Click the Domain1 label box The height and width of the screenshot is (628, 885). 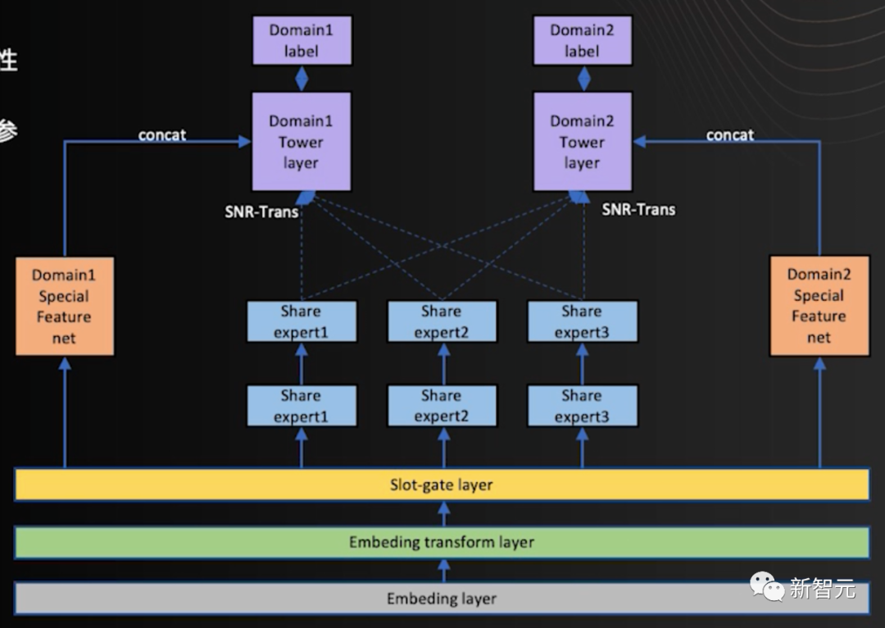click(301, 40)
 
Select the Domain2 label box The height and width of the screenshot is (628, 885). click(582, 40)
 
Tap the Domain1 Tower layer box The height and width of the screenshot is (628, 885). click(301, 142)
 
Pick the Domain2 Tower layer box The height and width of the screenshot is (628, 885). click(582, 142)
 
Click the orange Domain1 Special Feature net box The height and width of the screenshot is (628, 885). click(65, 307)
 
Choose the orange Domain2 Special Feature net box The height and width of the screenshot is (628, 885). click(819, 306)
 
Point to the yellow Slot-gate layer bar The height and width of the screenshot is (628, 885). click(442, 485)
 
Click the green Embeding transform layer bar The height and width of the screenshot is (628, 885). click(442, 542)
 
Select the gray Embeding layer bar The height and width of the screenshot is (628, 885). click(442, 598)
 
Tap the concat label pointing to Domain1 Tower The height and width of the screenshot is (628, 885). click(162, 135)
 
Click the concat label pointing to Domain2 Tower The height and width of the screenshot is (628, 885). click(729, 135)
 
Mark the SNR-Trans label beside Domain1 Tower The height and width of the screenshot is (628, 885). click(261, 212)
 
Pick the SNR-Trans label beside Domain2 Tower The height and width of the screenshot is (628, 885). click(638, 209)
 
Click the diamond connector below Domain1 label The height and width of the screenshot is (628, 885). click(302, 79)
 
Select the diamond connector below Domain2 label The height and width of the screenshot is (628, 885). click(583, 79)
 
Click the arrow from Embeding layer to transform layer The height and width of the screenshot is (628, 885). click(443, 569)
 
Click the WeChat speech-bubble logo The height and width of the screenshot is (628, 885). click(767, 586)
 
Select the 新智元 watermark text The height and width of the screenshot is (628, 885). click(822, 588)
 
